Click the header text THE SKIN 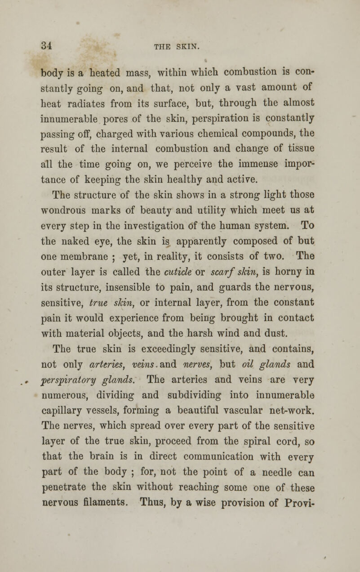[x=181, y=45]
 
